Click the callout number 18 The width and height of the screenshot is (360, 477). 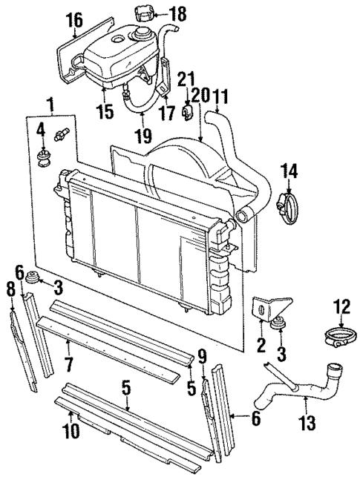[x=177, y=14]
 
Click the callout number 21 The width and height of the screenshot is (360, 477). [x=186, y=78]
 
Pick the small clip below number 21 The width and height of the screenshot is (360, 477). [x=189, y=112]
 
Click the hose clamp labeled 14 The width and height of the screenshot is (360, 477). [x=286, y=204]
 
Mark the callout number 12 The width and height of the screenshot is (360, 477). [x=341, y=305]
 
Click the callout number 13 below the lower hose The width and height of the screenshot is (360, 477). [x=307, y=424]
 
